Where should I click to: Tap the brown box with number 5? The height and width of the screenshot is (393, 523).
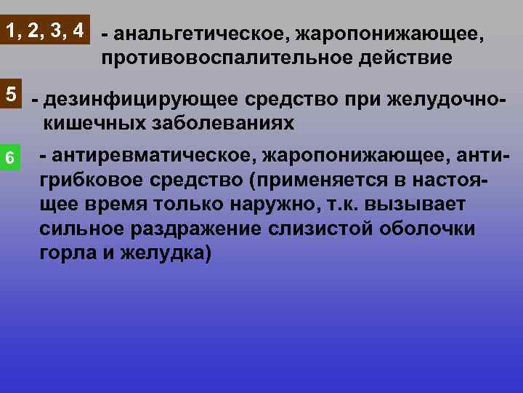coord(12,95)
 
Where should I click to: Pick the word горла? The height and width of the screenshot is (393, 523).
coord(67,254)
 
